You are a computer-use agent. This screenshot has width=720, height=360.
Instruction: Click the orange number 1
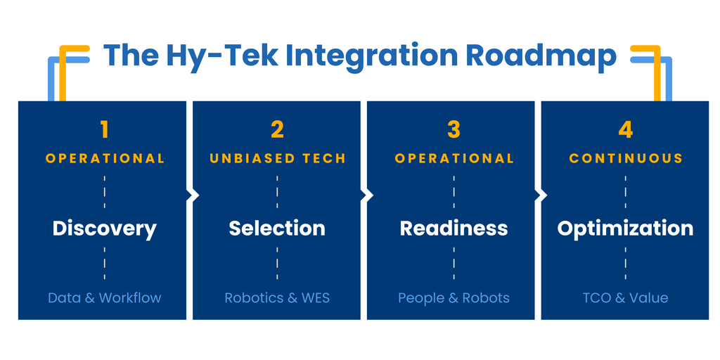104,130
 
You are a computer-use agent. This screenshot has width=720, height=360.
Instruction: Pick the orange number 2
277,130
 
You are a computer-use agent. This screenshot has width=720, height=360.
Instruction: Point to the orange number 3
454,130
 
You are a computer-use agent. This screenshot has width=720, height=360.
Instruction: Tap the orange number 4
625,130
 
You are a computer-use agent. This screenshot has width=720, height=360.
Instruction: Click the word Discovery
104,229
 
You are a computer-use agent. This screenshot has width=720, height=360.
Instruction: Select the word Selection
277,229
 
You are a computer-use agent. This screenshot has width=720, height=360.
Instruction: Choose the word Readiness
454,229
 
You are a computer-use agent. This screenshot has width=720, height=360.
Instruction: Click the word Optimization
625,229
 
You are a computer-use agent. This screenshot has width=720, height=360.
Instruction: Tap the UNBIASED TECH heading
277,158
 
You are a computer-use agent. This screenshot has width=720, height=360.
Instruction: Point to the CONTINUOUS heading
626,158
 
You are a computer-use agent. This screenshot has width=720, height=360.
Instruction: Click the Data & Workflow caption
105,297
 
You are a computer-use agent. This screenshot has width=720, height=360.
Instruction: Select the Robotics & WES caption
277,297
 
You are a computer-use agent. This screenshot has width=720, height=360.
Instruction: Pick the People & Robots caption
454,297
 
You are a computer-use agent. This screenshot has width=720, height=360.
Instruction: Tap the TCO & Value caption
625,297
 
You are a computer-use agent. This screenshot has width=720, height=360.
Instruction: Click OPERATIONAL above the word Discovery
105,158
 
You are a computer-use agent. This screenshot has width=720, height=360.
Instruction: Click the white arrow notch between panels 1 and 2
193,195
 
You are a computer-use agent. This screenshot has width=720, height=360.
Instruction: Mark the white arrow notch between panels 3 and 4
541,195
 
